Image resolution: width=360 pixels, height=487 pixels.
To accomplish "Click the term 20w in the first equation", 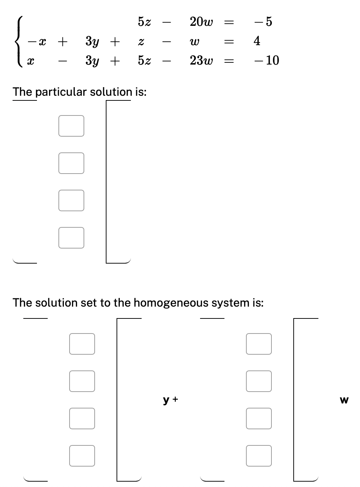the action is click(x=201, y=22).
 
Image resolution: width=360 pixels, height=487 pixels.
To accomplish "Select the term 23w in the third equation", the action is click(x=201, y=61).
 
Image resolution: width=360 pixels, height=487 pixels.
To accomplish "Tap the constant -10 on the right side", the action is click(x=266, y=60).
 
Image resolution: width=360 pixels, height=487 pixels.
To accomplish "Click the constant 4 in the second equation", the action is click(x=257, y=41).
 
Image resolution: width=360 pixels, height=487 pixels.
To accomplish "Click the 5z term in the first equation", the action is click(x=144, y=22).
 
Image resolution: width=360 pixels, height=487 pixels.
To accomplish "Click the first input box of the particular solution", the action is click(x=71, y=126).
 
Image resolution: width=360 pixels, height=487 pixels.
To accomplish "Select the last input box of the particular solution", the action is click(x=71, y=238).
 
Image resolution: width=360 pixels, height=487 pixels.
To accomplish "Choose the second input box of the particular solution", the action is click(x=71, y=163).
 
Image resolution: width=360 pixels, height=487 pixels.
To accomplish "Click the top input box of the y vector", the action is click(x=82, y=344).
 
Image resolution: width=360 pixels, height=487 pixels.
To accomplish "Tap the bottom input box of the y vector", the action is click(x=82, y=456).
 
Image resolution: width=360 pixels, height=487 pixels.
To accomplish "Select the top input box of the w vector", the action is click(x=259, y=344).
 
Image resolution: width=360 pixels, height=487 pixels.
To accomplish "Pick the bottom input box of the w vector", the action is click(x=259, y=456).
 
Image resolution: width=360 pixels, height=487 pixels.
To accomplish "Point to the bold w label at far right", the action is click(x=344, y=400).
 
